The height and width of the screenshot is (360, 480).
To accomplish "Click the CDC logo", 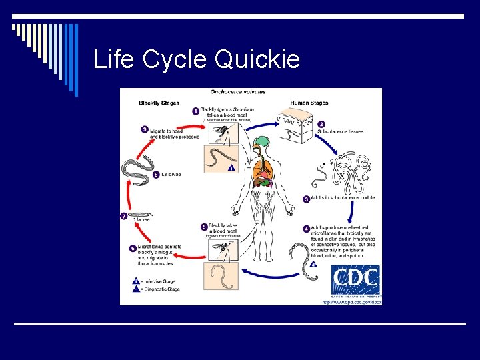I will [356, 280].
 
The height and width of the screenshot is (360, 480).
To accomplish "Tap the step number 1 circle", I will [196, 110].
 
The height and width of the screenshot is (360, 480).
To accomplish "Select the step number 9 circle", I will [144, 129].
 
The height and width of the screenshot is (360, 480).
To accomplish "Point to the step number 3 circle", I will [306, 199].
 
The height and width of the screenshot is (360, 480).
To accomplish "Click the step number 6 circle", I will [133, 249].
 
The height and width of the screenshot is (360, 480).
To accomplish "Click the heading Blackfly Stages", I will [158, 103].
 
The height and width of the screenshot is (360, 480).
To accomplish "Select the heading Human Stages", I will [308, 103].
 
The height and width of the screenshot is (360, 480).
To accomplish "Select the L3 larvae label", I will [171, 175].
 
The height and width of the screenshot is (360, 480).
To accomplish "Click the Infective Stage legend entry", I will [161, 282].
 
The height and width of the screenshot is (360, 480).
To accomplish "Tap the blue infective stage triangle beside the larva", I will [231, 168].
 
